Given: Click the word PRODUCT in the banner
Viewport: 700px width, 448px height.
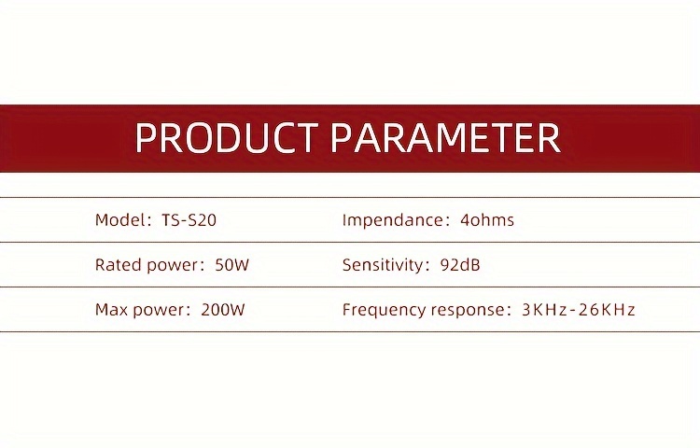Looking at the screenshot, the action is click(226, 137).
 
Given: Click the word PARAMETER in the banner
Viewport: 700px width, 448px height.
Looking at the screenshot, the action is click(445, 137).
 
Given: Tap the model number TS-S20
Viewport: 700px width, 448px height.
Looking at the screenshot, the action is click(189, 220).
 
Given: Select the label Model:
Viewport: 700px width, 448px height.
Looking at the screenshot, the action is click(123, 220).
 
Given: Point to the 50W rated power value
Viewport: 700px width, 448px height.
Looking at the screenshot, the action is click(232, 265).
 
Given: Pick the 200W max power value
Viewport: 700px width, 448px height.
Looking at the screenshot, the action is click(223, 310).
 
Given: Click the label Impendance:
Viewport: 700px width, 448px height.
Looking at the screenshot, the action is click(397, 220).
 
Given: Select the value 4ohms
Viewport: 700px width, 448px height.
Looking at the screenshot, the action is click(487, 220).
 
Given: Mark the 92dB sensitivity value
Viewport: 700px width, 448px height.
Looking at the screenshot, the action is click(460, 265).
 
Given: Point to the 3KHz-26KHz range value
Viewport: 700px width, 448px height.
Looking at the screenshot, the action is click(578, 310).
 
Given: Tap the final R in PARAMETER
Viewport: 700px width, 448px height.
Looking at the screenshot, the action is click(549, 137).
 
